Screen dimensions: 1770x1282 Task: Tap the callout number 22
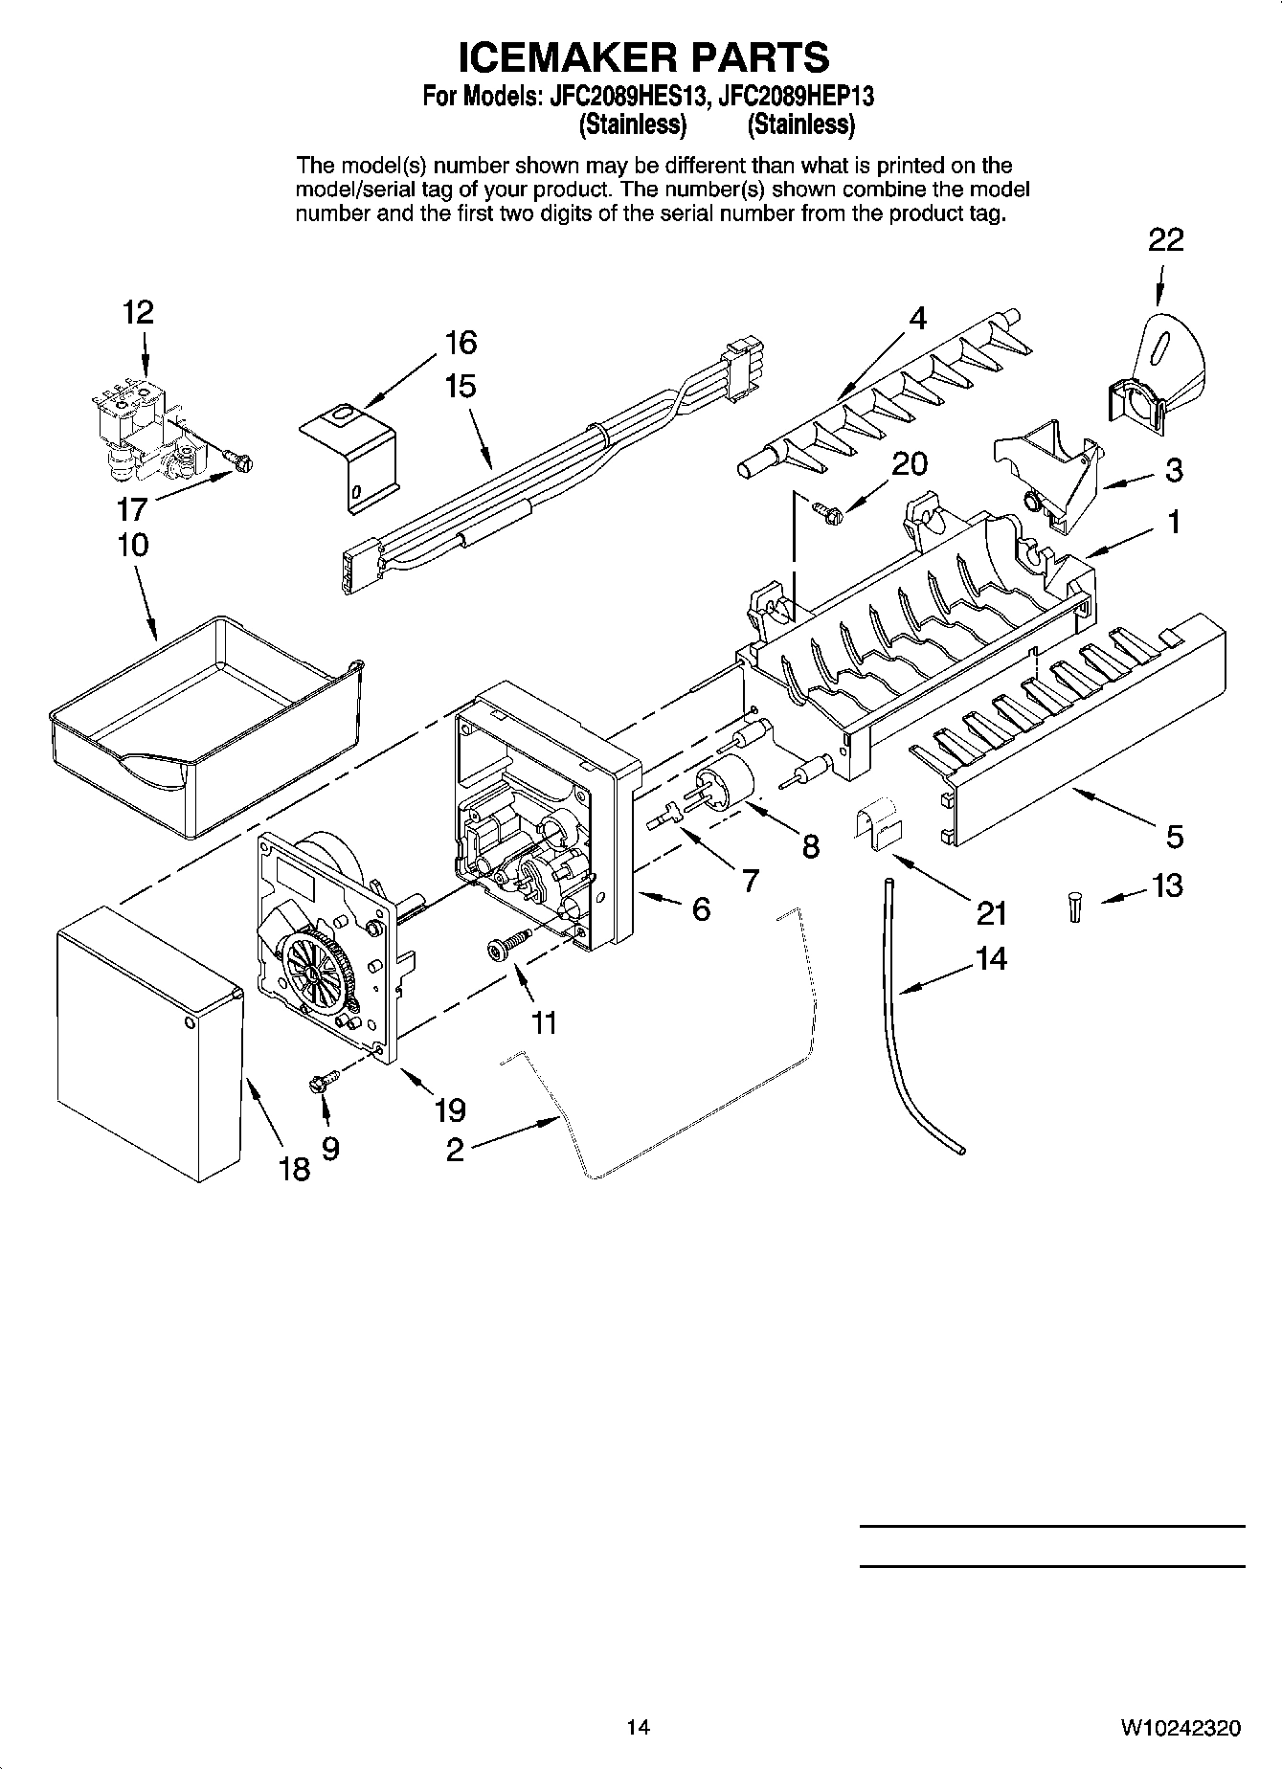(1165, 239)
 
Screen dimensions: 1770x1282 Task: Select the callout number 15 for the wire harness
(460, 387)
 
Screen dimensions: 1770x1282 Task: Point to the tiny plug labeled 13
(1075, 907)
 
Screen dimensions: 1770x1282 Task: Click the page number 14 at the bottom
(639, 1727)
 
